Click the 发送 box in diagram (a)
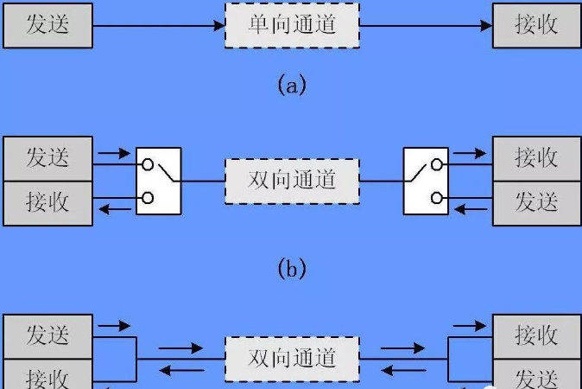point(47,26)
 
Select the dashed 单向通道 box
point(292,26)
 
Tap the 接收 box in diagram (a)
point(537,26)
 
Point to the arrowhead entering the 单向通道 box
point(219,26)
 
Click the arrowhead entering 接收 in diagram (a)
point(487,26)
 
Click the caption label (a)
point(292,85)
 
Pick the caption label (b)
point(292,268)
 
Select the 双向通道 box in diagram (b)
point(292,182)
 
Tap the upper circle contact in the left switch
point(148,164)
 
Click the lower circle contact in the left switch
point(148,198)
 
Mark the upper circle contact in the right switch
point(437,164)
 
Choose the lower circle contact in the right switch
point(437,198)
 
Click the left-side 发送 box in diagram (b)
point(47,159)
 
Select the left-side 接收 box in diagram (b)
point(47,203)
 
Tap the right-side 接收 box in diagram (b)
point(537,159)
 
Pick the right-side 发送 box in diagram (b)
point(537,203)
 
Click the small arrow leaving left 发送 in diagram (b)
point(114,153)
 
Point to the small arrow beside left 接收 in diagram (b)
point(114,209)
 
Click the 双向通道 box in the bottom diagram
point(292,360)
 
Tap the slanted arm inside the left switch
point(167,173)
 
